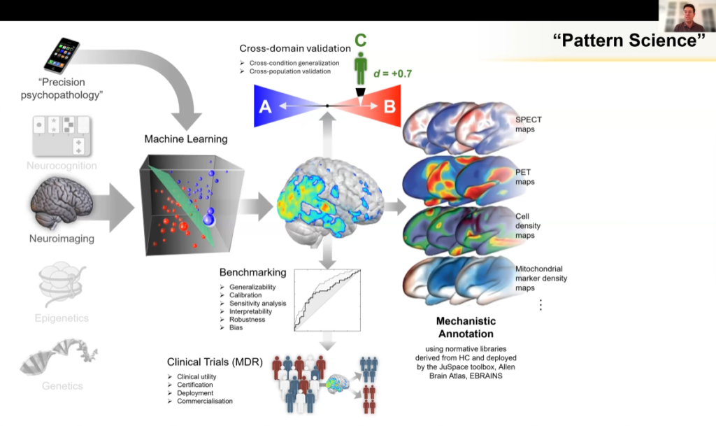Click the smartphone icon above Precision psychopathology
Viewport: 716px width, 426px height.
click(62, 56)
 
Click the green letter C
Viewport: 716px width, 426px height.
click(360, 41)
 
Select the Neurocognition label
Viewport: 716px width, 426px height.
click(61, 166)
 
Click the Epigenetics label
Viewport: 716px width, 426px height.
click(62, 318)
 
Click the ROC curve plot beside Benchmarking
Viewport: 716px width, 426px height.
click(327, 299)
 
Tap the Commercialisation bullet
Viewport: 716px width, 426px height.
click(205, 401)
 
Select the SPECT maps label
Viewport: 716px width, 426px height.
click(529, 124)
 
